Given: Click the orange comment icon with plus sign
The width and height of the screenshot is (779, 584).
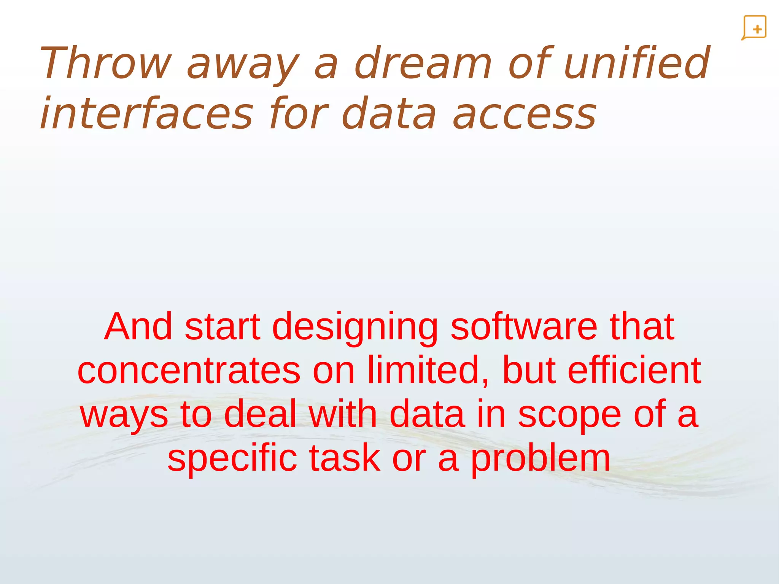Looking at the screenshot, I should pos(754,28).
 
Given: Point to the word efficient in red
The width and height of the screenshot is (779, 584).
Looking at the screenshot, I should pos(634,370).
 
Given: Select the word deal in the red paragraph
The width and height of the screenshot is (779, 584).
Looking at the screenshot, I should pos(260,414).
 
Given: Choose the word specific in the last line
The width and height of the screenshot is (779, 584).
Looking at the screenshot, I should pos(232,458).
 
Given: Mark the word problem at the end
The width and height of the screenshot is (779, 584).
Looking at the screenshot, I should pos(541,458).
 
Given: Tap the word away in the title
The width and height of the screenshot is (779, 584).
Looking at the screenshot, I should pos(243,63).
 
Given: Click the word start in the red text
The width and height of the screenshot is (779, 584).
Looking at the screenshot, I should pos(223,327).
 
